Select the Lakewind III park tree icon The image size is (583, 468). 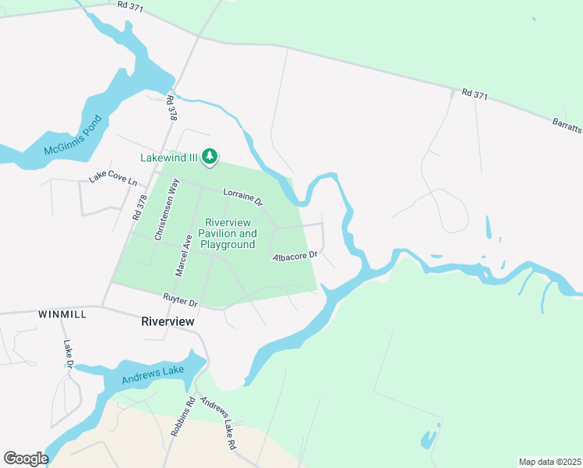click(x=209, y=158)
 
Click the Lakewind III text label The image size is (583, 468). click(x=168, y=158)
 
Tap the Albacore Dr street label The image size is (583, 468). click(x=295, y=256)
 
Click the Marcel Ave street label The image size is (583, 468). click(x=184, y=254)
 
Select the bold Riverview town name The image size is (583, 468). click(x=167, y=321)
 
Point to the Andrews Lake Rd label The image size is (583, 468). click(x=218, y=424)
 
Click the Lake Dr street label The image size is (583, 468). click(x=68, y=353)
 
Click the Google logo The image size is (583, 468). click(x=26, y=458)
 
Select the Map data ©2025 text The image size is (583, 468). click(x=549, y=462)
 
